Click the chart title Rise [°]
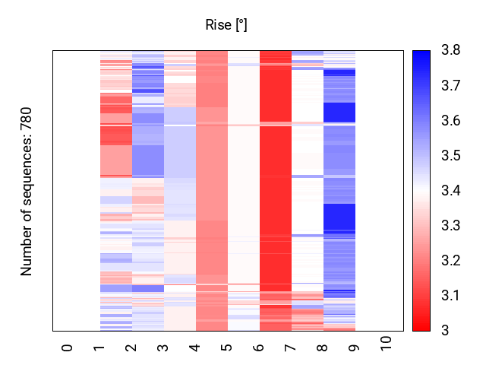226,25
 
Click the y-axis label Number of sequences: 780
27,191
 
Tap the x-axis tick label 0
68,348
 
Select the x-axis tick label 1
99,348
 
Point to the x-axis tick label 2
131,348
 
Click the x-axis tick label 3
163,348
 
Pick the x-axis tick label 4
195,348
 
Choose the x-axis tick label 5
227,348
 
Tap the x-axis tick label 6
259,348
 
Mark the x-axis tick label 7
291,348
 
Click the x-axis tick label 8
323,348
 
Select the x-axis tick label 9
355,348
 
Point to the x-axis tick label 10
387,344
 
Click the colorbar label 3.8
450,51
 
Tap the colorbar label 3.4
450,191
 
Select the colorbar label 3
444,331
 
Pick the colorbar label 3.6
450,121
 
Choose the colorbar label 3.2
450,261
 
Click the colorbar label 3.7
450,86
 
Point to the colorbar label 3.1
450,296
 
